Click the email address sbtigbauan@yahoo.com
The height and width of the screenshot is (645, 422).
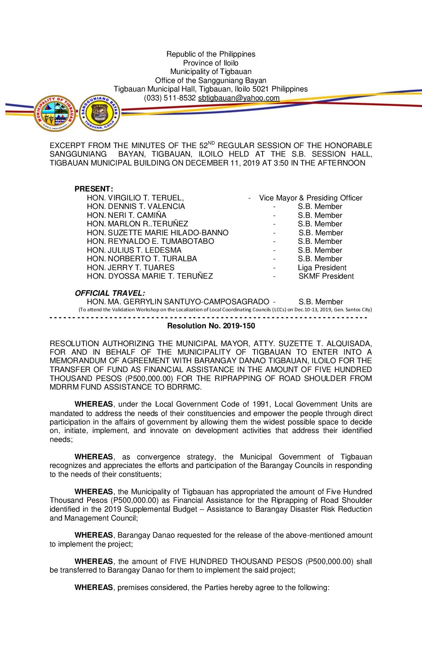[x=239, y=98]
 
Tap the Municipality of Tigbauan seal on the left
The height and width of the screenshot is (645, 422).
[x=55, y=113]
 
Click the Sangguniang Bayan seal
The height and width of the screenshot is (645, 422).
[x=100, y=113]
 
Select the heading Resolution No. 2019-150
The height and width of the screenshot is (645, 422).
[x=211, y=326]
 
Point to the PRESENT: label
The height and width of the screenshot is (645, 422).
[x=94, y=189]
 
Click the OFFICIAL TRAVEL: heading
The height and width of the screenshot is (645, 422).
[x=110, y=293]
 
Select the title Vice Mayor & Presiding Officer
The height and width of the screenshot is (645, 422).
[x=311, y=198]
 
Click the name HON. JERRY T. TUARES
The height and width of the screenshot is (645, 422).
[x=131, y=268]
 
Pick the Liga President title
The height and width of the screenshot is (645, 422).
[x=322, y=268]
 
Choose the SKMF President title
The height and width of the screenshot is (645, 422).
[x=326, y=276]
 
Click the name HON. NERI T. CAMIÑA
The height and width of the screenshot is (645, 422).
[x=126, y=216]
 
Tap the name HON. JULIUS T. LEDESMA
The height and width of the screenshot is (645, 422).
[x=134, y=250]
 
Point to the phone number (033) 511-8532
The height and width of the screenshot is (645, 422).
[x=170, y=98]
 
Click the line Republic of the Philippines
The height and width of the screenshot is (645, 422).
[x=211, y=54]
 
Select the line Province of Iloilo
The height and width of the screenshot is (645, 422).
[x=211, y=63]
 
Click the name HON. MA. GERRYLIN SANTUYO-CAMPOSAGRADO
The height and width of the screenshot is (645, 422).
[x=178, y=302]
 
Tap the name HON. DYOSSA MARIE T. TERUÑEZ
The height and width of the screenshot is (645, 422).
[x=150, y=276]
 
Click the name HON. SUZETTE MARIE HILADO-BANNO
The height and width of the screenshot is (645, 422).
[x=157, y=233]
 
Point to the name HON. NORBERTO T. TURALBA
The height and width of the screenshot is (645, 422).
[x=142, y=259]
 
